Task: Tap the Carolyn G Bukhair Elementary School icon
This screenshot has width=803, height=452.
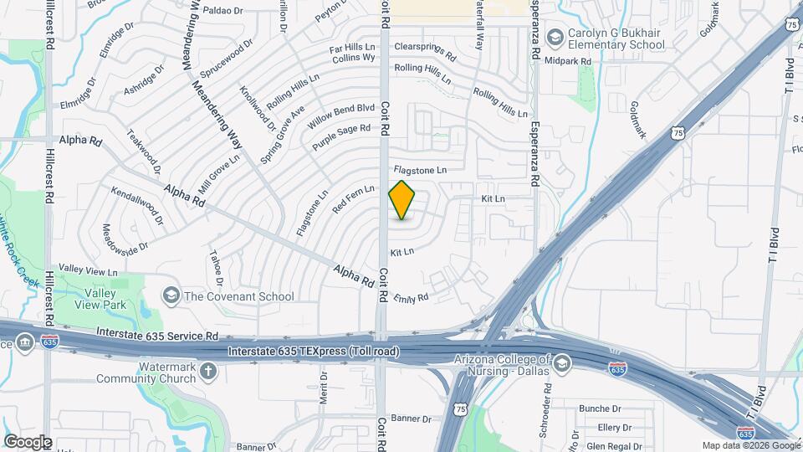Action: tap(554, 38)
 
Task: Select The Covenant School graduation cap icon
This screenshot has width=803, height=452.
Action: tap(171, 295)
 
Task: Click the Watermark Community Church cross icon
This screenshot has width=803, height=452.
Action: tap(208, 378)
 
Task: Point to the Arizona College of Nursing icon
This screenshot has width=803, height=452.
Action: tap(562, 364)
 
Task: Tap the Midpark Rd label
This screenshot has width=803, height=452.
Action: tap(569, 62)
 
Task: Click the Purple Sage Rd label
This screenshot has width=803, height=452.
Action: tap(341, 137)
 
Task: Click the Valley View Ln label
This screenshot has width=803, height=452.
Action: tap(89, 271)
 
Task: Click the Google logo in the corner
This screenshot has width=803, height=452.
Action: tap(28, 442)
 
